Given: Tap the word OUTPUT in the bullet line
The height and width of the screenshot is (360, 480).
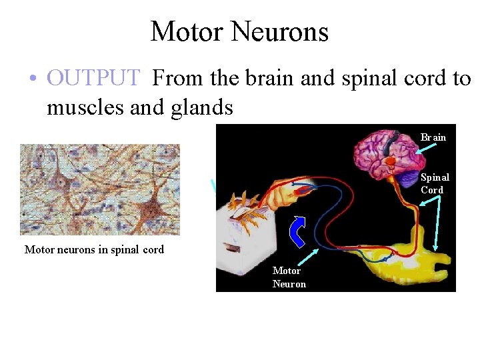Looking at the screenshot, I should [x=93, y=78].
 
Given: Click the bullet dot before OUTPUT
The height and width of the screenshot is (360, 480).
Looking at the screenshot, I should [x=32, y=79].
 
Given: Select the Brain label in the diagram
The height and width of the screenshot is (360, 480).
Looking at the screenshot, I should [x=433, y=137].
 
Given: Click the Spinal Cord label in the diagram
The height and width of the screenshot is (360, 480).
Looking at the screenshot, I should [x=435, y=183].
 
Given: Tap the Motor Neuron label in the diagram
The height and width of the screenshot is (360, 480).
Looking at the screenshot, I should [x=289, y=277].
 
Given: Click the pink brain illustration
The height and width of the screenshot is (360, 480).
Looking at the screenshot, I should [x=387, y=150].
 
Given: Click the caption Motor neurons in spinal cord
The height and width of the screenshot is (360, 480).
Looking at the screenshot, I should [x=94, y=250].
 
